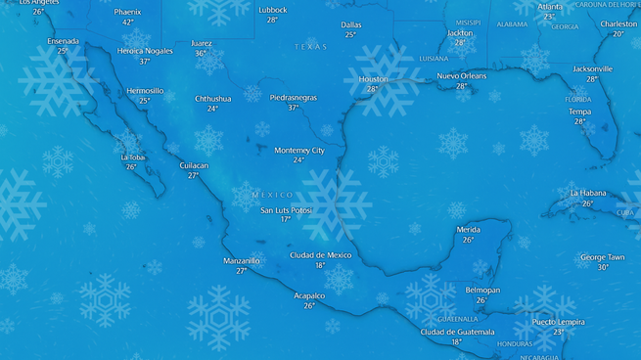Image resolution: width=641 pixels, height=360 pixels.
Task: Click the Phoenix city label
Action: [127, 12]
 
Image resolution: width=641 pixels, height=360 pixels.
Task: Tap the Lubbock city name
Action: [273, 10]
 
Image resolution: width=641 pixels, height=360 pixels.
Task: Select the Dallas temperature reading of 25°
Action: [350, 34]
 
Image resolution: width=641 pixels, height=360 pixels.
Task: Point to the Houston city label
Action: [373, 79]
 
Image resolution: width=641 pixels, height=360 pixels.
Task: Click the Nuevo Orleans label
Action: [461, 75]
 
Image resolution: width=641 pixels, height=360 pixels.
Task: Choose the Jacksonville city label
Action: [592, 69]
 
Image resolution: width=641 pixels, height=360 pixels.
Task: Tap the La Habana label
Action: [588, 193]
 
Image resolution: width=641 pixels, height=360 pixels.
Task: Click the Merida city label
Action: [468, 229]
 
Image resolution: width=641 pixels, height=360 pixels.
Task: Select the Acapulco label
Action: [309, 295]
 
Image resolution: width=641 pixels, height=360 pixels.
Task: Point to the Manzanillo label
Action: [242, 260]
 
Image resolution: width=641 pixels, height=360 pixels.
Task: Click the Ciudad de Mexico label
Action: [320, 254]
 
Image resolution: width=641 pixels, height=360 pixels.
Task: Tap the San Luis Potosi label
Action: [286, 209]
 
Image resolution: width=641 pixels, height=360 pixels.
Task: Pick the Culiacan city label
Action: [194, 165]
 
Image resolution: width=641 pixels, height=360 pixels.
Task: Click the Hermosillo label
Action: [145, 90]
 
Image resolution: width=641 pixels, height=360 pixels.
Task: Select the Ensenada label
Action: [63, 41]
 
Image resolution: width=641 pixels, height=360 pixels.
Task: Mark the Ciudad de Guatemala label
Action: [456, 332]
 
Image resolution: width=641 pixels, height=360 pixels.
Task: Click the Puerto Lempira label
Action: [558, 321]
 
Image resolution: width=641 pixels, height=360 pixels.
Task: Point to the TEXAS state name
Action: [311, 47]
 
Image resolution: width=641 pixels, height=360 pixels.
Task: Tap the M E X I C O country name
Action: [272, 195]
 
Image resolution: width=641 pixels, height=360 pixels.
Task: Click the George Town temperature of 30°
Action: [603, 267]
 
